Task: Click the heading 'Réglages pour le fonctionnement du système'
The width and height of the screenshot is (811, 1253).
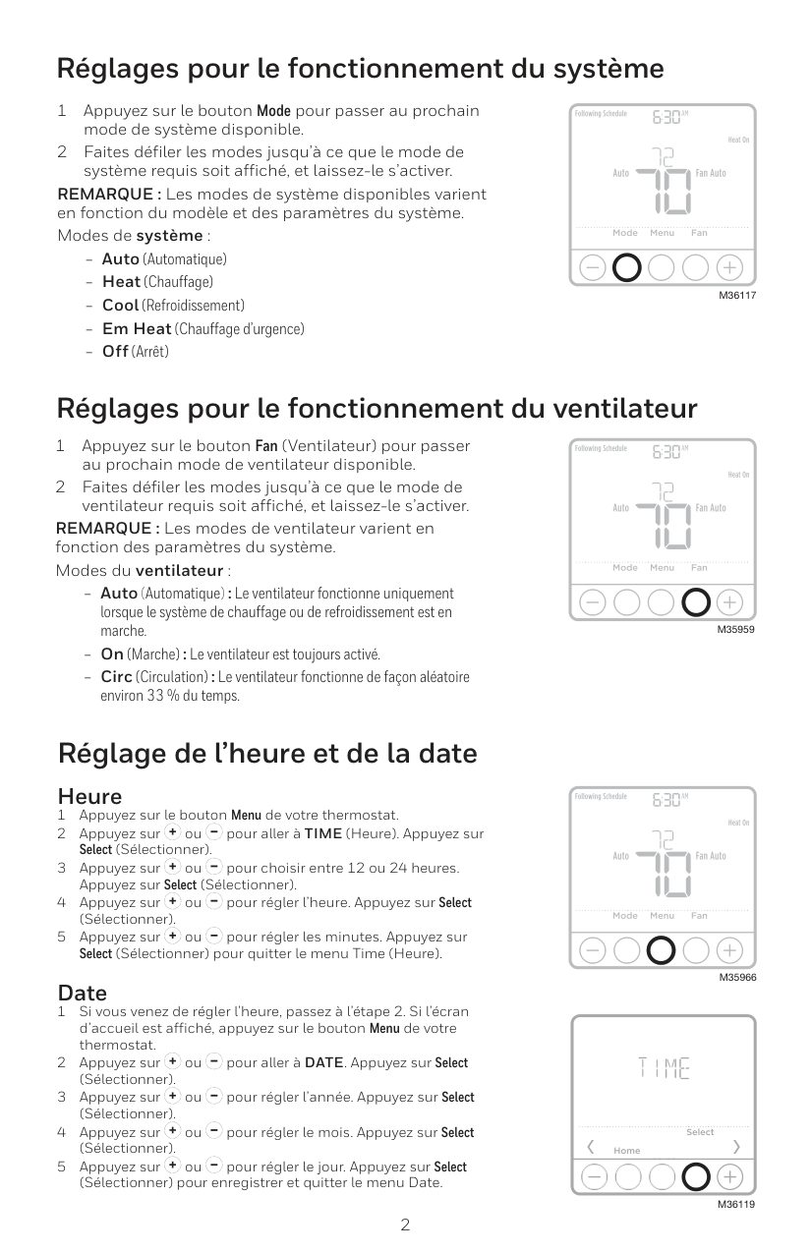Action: [360, 70]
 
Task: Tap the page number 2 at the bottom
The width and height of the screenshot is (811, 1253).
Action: [405, 1225]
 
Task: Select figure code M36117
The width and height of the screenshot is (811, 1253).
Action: [736, 296]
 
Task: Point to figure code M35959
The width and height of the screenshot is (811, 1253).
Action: [736, 628]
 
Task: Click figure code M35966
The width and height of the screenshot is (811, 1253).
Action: [736, 977]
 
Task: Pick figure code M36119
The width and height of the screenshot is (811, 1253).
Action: [736, 1203]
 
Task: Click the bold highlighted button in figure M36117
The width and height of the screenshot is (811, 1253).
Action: [627, 267]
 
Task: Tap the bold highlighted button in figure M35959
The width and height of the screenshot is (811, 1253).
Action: [696, 600]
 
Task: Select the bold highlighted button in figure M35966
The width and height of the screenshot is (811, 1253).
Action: [662, 949]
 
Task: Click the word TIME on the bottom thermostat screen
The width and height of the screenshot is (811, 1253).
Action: [664, 1067]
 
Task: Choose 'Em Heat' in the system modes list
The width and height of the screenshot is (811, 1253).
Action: [137, 328]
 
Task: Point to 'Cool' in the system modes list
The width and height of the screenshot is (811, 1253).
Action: [120, 306]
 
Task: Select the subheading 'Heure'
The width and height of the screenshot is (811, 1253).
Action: [89, 795]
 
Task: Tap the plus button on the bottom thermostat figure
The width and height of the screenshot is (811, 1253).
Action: [729, 1176]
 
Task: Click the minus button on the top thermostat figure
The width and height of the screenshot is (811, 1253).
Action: [593, 267]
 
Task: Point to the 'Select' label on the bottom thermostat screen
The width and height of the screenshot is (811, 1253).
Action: [700, 1132]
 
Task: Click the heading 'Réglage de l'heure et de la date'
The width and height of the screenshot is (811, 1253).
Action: [267, 754]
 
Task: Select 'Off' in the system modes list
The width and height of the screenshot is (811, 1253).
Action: [115, 351]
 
